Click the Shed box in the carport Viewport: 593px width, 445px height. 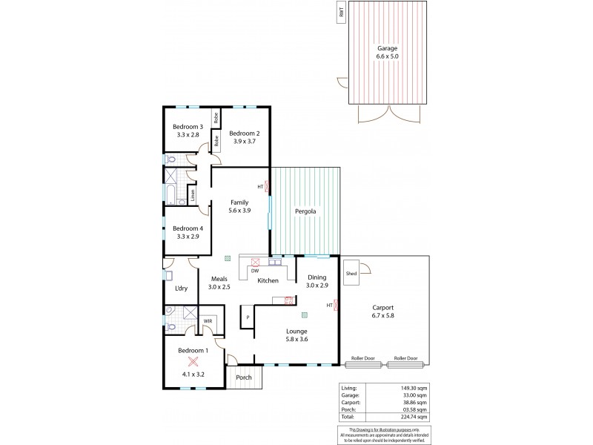351,274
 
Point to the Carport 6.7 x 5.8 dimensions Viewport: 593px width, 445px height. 384,315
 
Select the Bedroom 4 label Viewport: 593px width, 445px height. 188,228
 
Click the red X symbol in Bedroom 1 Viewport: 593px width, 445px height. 193,361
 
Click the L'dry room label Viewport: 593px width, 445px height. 179,288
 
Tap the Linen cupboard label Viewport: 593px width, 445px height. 193,196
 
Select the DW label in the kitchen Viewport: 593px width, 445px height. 254,271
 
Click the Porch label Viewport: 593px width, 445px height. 243,378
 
